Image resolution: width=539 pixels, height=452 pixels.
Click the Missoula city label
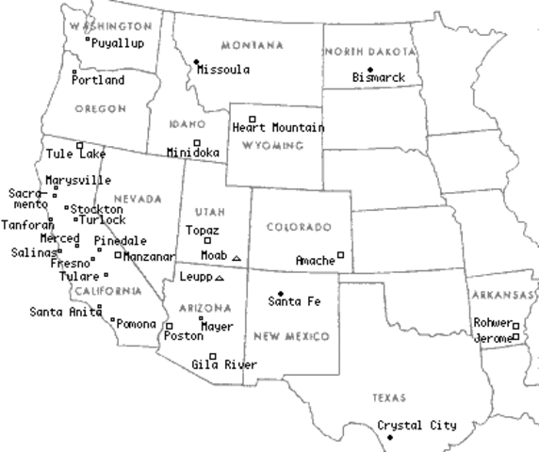click(x=223, y=70)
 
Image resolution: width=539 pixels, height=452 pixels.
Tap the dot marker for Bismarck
click(x=370, y=70)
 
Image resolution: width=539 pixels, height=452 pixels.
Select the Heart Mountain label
click(x=279, y=128)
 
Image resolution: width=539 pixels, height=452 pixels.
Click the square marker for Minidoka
click(x=196, y=142)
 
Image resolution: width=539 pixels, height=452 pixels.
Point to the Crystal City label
click(x=416, y=426)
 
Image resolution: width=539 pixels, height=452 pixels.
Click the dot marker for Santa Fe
click(x=280, y=294)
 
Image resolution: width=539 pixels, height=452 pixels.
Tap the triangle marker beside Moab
click(x=237, y=258)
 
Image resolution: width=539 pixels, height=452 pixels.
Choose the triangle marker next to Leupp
click(x=220, y=278)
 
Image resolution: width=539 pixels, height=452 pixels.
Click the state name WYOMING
click(x=272, y=147)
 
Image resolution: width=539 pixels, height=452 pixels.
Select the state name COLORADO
click(x=299, y=227)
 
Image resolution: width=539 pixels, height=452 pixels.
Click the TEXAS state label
click(x=389, y=398)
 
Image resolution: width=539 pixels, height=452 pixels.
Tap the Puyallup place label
click(x=120, y=43)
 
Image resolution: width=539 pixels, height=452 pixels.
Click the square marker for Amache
click(x=341, y=254)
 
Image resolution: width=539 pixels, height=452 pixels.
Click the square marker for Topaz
click(x=207, y=240)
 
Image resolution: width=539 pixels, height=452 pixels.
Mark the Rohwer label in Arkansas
click(x=492, y=322)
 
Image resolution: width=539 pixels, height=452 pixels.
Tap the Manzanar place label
click(x=150, y=256)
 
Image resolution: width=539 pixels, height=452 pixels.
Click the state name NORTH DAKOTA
click(x=368, y=52)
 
